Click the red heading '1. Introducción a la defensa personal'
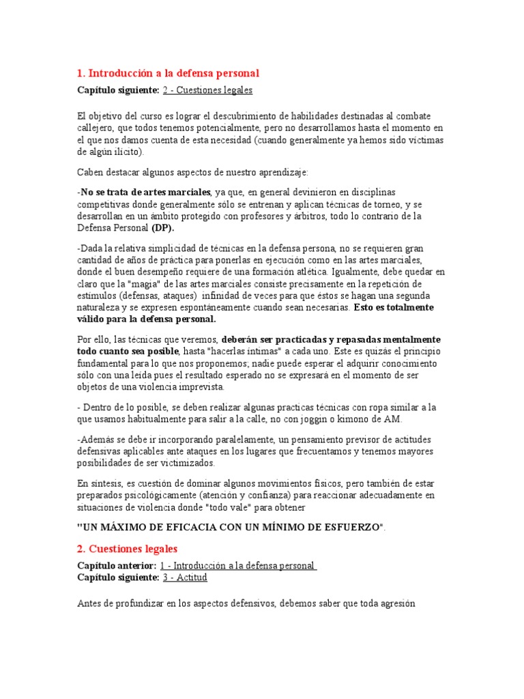pyautogui.click(x=168, y=72)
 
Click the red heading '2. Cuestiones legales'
pyautogui.click(x=127, y=548)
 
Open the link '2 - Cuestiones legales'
pyautogui.click(x=207, y=89)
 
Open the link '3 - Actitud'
pyautogui.click(x=184, y=577)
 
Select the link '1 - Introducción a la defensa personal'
pyautogui.click(x=239, y=566)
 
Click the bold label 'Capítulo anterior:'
pyautogui.click(x=117, y=566)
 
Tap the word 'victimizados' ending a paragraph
pyautogui.click(x=185, y=463)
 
